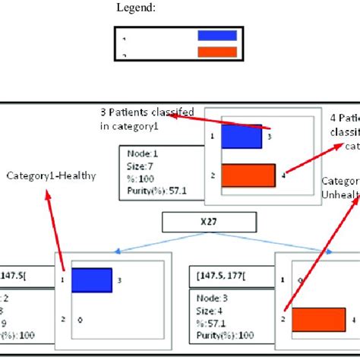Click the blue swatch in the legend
click(x=216, y=35)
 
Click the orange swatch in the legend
click(x=216, y=52)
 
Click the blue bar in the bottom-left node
click(x=92, y=279)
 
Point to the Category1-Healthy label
click(x=52, y=175)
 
